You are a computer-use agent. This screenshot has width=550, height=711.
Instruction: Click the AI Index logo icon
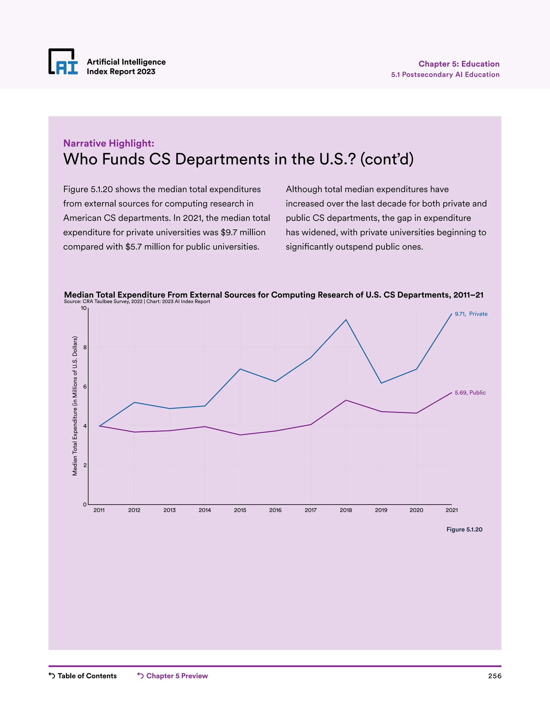[x=63, y=62]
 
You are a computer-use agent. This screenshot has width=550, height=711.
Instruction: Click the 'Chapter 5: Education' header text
[x=459, y=64]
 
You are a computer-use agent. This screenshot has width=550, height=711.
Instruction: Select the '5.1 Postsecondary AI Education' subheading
[x=445, y=75]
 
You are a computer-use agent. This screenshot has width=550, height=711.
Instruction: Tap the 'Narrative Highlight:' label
[x=108, y=143]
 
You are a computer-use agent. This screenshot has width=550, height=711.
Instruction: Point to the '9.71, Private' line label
[x=471, y=314]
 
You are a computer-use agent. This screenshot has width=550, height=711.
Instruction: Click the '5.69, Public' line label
[x=470, y=393]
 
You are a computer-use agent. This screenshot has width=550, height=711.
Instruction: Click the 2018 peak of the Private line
[x=346, y=320]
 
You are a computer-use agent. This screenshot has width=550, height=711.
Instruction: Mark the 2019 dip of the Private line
[x=381, y=383]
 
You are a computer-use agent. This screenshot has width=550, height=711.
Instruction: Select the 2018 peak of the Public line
[x=346, y=400]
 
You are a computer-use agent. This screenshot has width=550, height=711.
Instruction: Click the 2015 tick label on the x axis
[x=240, y=510]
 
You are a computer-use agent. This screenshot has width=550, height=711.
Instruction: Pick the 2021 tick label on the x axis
[x=451, y=510]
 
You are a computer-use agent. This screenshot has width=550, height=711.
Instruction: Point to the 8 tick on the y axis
[x=85, y=347]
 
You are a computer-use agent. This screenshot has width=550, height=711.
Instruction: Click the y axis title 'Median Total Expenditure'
[x=75, y=406]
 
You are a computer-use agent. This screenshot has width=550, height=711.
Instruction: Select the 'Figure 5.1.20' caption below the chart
[x=464, y=529]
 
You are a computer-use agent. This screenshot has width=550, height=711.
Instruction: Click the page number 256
[x=494, y=676]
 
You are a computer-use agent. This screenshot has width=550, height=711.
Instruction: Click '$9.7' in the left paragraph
[x=229, y=232]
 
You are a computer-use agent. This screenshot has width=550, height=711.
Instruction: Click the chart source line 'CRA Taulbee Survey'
[x=113, y=302]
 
